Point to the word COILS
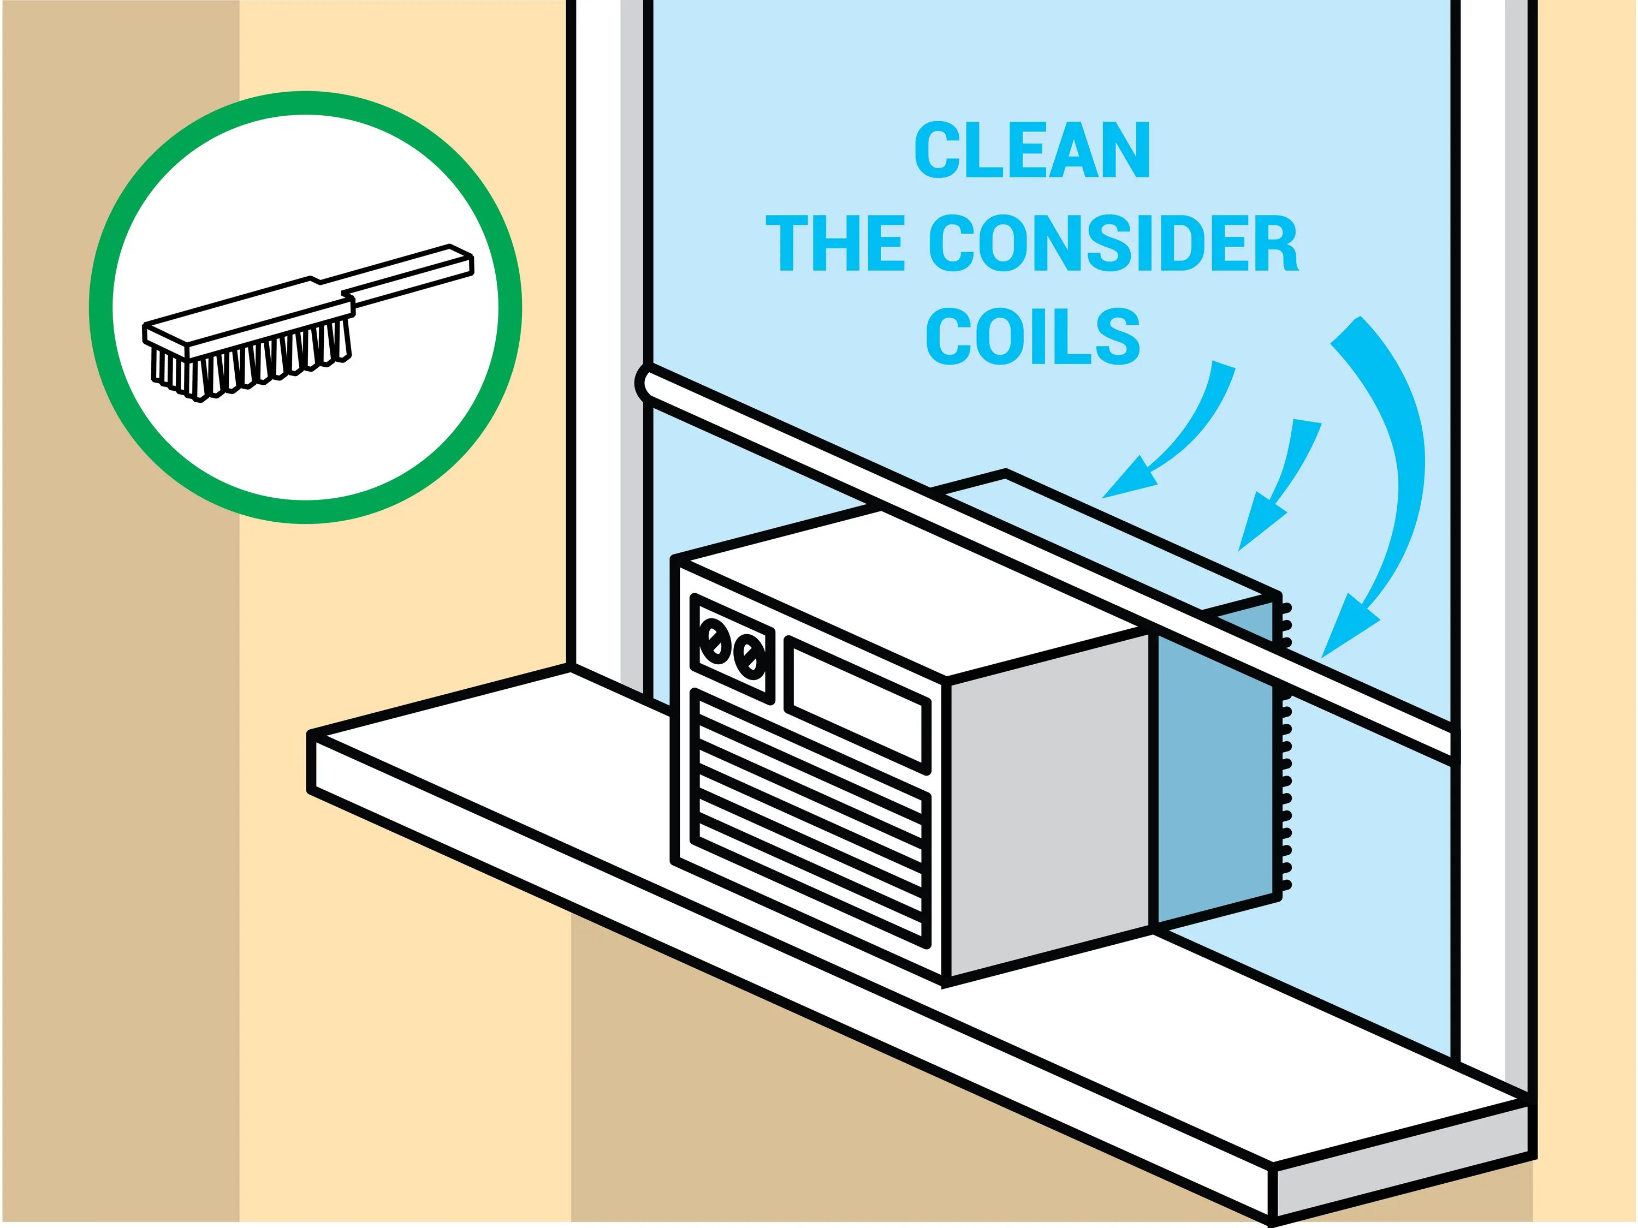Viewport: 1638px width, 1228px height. [1032, 336]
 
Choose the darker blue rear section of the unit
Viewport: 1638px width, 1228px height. [1214, 777]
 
